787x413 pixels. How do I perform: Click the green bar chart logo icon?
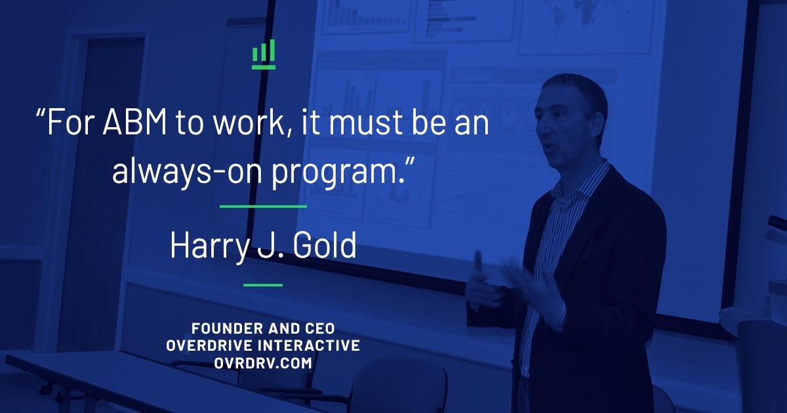tap(264, 54)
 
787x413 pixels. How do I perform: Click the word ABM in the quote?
tap(134, 122)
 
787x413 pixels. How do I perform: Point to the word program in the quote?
tap(337, 174)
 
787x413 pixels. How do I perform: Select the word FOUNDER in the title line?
tap(227, 328)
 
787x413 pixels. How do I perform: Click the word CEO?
tap(320, 328)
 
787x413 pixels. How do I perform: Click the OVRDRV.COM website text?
tap(263, 363)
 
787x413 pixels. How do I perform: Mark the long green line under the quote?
tap(263, 206)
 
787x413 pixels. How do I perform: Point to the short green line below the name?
tap(263, 285)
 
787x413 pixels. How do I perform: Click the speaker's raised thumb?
tap(478, 260)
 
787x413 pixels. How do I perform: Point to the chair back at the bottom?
tap(397, 386)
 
